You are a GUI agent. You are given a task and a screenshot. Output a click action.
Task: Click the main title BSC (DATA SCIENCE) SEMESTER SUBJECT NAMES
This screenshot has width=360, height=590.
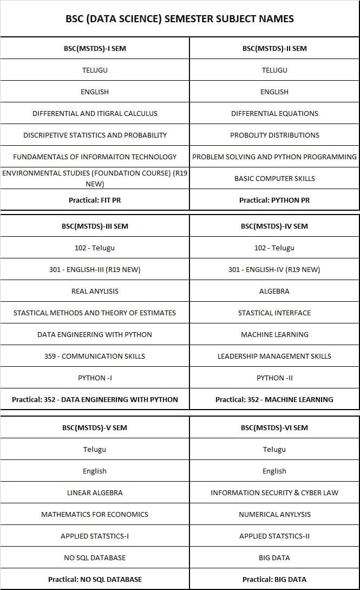click(180, 19)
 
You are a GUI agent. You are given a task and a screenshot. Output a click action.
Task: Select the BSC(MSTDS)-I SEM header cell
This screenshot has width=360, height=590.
click(95, 48)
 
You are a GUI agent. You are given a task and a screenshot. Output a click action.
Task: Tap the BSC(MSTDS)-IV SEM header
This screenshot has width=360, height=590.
click(274, 226)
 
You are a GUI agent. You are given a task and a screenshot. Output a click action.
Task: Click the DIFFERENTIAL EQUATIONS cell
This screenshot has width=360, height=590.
click(274, 113)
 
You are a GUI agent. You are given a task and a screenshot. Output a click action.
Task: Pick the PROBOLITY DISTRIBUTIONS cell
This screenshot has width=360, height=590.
click(274, 135)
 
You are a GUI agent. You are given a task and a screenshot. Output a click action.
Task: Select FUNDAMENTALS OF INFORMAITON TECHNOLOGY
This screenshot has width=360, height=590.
click(95, 157)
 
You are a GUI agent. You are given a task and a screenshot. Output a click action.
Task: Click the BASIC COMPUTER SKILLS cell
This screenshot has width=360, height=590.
click(274, 178)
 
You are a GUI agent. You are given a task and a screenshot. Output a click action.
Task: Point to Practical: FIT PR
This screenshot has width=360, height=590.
click(95, 200)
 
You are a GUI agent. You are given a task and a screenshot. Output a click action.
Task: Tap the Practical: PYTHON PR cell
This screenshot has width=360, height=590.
click(274, 200)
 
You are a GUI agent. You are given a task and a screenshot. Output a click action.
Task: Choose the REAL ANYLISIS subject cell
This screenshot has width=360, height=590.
click(95, 291)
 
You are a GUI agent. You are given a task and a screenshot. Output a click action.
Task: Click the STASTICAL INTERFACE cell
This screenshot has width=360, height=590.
click(274, 313)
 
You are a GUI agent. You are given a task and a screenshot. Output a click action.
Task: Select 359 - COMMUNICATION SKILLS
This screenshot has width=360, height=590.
click(95, 356)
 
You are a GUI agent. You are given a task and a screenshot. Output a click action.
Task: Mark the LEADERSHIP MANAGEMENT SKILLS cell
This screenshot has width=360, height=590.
click(274, 356)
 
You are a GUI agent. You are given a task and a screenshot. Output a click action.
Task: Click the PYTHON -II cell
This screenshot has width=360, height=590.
click(274, 378)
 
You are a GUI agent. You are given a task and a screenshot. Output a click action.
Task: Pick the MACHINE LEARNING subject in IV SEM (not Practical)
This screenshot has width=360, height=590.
click(274, 334)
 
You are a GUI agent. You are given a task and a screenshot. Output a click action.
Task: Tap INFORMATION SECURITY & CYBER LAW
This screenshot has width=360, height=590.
click(274, 492)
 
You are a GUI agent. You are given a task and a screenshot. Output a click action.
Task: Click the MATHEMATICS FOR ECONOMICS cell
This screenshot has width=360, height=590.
click(95, 514)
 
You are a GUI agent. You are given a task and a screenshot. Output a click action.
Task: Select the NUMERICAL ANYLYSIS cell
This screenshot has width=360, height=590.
click(274, 514)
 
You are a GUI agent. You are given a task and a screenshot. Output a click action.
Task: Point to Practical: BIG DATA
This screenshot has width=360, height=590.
click(274, 579)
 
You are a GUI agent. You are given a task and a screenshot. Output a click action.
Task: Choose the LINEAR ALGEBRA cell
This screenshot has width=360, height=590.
click(95, 492)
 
